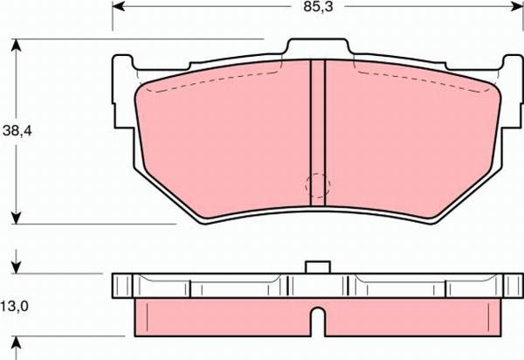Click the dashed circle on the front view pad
pyautogui.click(x=317, y=186)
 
